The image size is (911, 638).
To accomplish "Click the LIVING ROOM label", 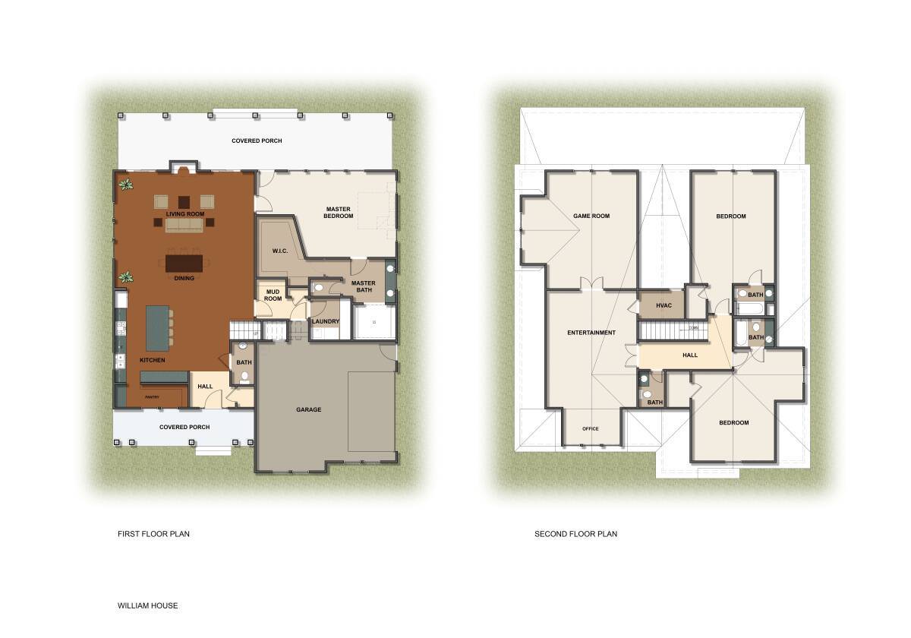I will pyautogui.click(x=185, y=214).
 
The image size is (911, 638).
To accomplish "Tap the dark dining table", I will pyautogui.click(x=185, y=263).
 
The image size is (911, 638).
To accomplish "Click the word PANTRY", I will pyautogui.click(x=152, y=396).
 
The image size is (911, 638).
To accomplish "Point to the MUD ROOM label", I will pyautogui.click(x=273, y=295).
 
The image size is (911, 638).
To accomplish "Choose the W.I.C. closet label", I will pyautogui.click(x=279, y=251).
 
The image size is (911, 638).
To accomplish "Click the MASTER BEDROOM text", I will pyautogui.click(x=339, y=213).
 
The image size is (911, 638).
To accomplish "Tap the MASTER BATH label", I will pyautogui.click(x=363, y=287).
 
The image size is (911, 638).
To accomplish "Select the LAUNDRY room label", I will pyautogui.click(x=326, y=321).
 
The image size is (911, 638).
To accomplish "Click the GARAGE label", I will pyautogui.click(x=308, y=409).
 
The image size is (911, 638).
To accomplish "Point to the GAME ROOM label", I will pyautogui.click(x=591, y=216).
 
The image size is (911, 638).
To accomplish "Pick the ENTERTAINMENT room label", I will pyautogui.click(x=591, y=333).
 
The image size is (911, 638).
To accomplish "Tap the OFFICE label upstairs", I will pyautogui.click(x=590, y=428).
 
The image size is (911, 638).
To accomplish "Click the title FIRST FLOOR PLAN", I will pyautogui.click(x=153, y=534).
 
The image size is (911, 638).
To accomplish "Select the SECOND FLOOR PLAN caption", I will pyautogui.click(x=575, y=534).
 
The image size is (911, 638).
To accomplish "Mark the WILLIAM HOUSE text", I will pyautogui.click(x=147, y=605).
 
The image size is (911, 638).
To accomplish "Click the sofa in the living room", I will pyautogui.click(x=185, y=226).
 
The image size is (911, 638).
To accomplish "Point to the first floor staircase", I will pyautogui.click(x=241, y=331).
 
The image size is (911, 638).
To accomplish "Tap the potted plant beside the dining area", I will pyautogui.click(x=125, y=278).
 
